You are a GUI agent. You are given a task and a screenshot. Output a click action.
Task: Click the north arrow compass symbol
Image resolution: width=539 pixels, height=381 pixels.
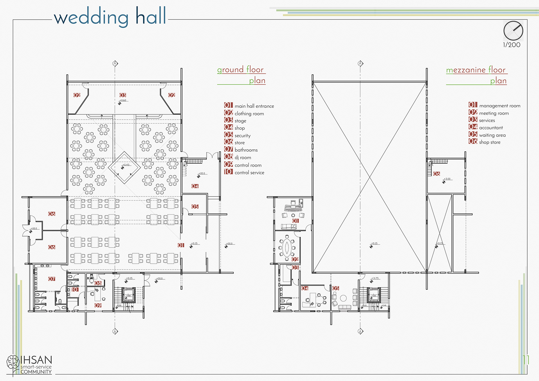click(x=513, y=31)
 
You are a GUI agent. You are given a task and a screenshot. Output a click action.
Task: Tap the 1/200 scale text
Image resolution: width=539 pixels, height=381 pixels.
click(x=511, y=45)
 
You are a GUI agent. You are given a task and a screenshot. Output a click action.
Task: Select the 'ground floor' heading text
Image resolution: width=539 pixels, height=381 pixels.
click(x=240, y=70)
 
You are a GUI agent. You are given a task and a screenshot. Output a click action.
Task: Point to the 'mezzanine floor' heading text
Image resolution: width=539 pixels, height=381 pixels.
click(x=476, y=70)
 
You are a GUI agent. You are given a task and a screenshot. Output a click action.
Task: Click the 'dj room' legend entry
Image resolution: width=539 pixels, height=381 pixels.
click(x=243, y=158)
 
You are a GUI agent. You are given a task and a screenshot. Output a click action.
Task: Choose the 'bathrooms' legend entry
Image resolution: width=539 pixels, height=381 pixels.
click(x=246, y=150)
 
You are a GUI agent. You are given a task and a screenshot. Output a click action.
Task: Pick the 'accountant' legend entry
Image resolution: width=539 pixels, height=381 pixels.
click(x=491, y=128)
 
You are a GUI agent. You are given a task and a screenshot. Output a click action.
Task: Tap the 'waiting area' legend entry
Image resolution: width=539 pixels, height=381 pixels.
click(x=492, y=135)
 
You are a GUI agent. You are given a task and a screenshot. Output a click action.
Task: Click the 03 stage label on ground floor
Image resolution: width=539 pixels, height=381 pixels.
click(x=123, y=95)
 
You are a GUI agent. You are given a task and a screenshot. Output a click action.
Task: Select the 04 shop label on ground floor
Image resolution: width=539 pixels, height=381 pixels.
click(x=195, y=186)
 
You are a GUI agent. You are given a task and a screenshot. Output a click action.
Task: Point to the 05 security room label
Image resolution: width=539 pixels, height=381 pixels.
click(x=195, y=207)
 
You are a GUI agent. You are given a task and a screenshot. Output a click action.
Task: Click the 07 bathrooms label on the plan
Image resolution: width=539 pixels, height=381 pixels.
click(x=52, y=279)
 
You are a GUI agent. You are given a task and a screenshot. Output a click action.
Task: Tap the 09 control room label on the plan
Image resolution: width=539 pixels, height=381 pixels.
click(x=98, y=305)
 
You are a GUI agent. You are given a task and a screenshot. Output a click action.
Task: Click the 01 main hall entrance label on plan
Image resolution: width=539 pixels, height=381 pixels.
click(x=181, y=245)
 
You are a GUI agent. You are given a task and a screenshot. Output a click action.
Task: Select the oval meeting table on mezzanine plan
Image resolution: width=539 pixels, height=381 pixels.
click(x=287, y=247)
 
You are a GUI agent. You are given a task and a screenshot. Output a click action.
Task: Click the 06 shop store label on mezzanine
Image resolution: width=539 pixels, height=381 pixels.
click(x=437, y=174)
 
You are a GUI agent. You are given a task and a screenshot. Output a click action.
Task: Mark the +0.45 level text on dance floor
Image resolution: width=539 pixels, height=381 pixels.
click(x=126, y=165)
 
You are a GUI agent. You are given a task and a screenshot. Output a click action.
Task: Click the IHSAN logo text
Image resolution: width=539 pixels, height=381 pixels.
click(x=36, y=360)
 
